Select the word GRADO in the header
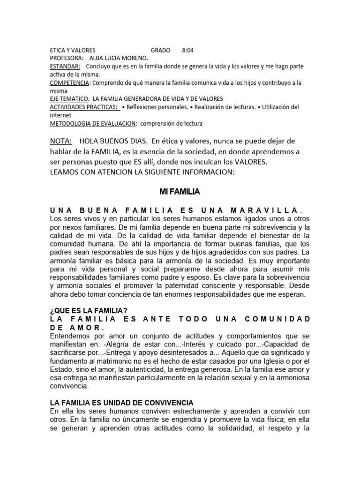pyautogui.click(x=161, y=50)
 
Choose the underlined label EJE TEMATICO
pyautogui.click(x=69, y=99)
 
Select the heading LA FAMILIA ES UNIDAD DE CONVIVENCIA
pyautogui.click(x=121, y=403)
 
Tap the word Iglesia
pyautogui.click(x=279, y=361)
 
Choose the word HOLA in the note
pyautogui.click(x=89, y=141)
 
